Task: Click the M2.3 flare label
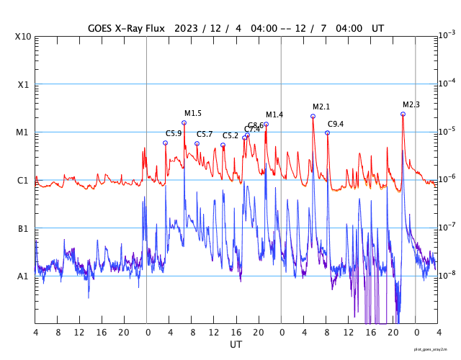pyautogui.click(x=411, y=105)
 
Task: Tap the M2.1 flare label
pyautogui.click(x=321, y=107)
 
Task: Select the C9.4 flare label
pyautogui.click(x=335, y=124)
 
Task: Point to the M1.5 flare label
pyautogui.click(x=192, y=114)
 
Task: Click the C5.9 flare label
pyautogui.click(x=174, y=133)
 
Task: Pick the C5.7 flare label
pyautogui.click(x=205, y=135)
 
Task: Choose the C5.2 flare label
pyautogui.click(x=230, y=136)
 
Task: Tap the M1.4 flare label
pyautogui.click(x=274, y=115)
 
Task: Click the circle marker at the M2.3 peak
pyautogui.click(x=403, y=114)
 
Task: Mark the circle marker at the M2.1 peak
pyautogui.click(x=313, y=116)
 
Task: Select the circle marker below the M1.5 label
pyautogui.click(x=184, y=122)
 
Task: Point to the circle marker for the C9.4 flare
pyautogui.click(x=327, y=132)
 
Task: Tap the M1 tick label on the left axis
pyautogui.click(x=23, y=132)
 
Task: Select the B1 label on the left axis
pyautogui.click(x=23, y=229)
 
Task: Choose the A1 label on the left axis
pyautogui.click(x=23, y=276)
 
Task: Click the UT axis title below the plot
pyautogui.click(x=236, y=345)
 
